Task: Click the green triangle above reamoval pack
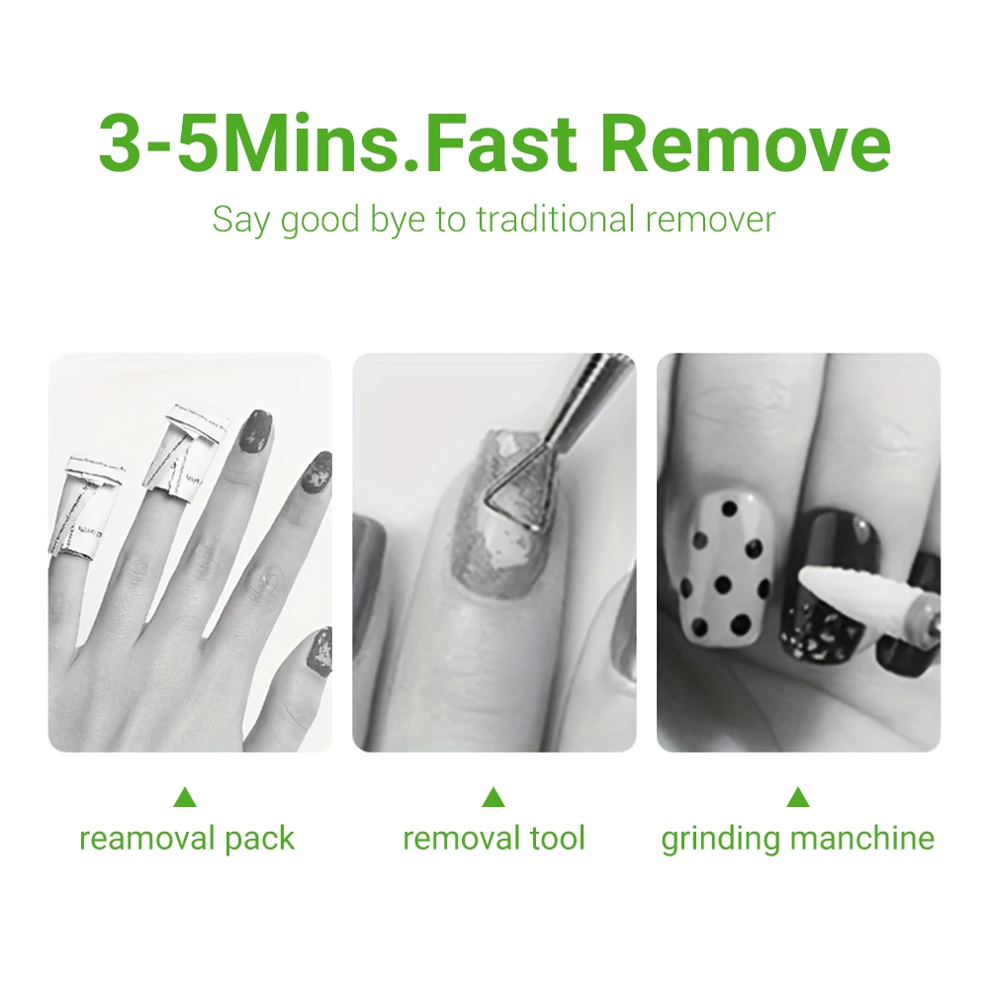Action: coord(185,797)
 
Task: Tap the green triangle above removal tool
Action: coord(494,797)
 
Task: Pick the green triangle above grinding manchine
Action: coord(798,797)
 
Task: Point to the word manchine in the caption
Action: coord(861,839)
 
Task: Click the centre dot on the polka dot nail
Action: coord(723,585)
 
